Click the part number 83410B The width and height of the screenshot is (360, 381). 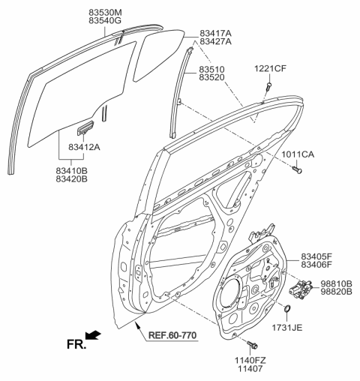coord(79,171)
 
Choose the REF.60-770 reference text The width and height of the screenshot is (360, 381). coord(170,334)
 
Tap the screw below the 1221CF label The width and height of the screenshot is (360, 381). coord(267,88)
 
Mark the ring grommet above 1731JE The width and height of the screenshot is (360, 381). coord(288,307)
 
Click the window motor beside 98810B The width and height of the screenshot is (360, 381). coord(303,289)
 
